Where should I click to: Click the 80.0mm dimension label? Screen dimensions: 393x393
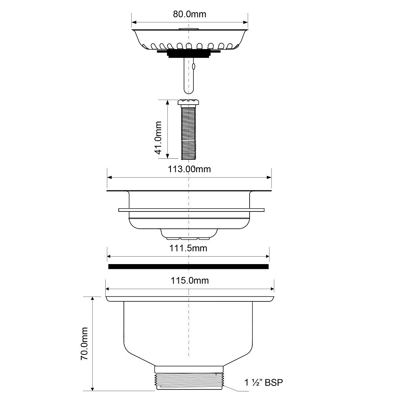(x=189, y=14)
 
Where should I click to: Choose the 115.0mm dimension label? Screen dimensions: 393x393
(x=190, y=281)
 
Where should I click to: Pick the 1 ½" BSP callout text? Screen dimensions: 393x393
(x=264, y=382)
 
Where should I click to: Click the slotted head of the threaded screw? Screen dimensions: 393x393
(x=189, y=103)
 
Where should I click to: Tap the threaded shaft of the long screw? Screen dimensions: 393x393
(x=189, y=134)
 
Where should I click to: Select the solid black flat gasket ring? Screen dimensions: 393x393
(x=189, y=267)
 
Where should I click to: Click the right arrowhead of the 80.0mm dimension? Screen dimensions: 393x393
(x=246, y=22)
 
